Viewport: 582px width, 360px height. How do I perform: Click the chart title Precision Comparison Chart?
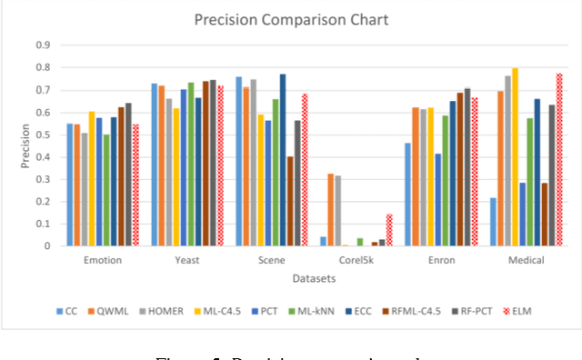point(290,21)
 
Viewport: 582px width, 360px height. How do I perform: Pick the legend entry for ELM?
point(520,310)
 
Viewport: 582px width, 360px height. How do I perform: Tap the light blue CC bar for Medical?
point(493,221)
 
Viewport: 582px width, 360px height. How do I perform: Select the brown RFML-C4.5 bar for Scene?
point(290,201)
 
